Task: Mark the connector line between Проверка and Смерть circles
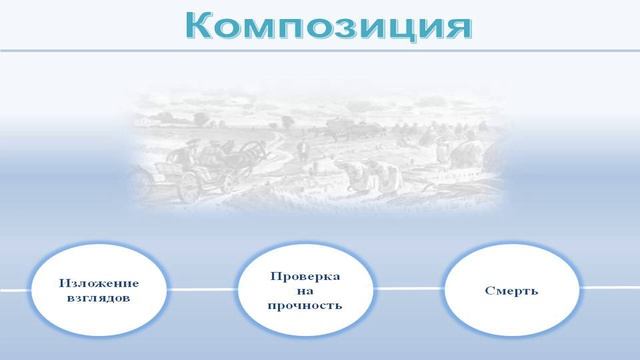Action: [x=410, y=290]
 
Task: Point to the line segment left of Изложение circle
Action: [x=15, y=291]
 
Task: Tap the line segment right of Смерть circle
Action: [x=610, y=289]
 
